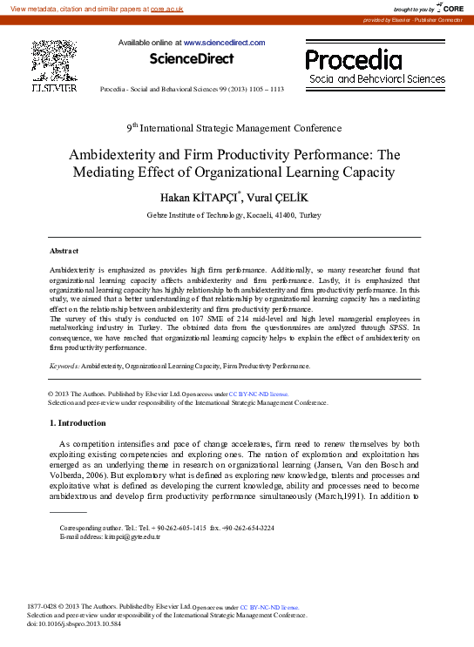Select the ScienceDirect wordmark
coord(192,59)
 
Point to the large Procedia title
coord(354,59)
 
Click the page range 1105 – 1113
coord(265,90)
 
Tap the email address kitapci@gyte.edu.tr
coord(130,536)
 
